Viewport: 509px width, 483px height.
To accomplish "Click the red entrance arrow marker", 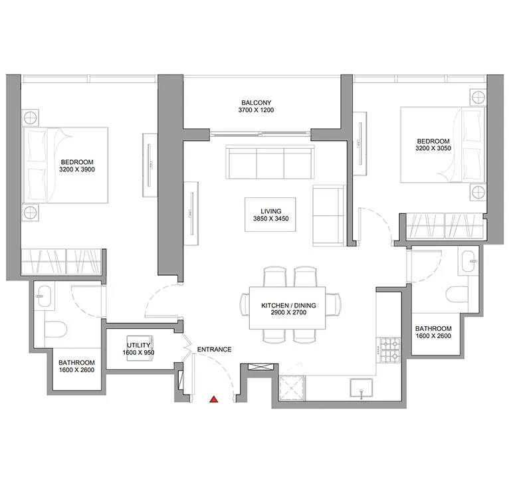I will [213, 399].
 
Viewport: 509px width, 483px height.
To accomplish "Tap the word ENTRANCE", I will [213, 349].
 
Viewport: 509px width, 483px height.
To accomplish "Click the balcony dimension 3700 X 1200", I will [256, 110].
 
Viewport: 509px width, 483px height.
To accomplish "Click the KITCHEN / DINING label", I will [288, 305].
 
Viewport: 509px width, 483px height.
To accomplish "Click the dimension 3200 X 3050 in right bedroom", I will [433, 149].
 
